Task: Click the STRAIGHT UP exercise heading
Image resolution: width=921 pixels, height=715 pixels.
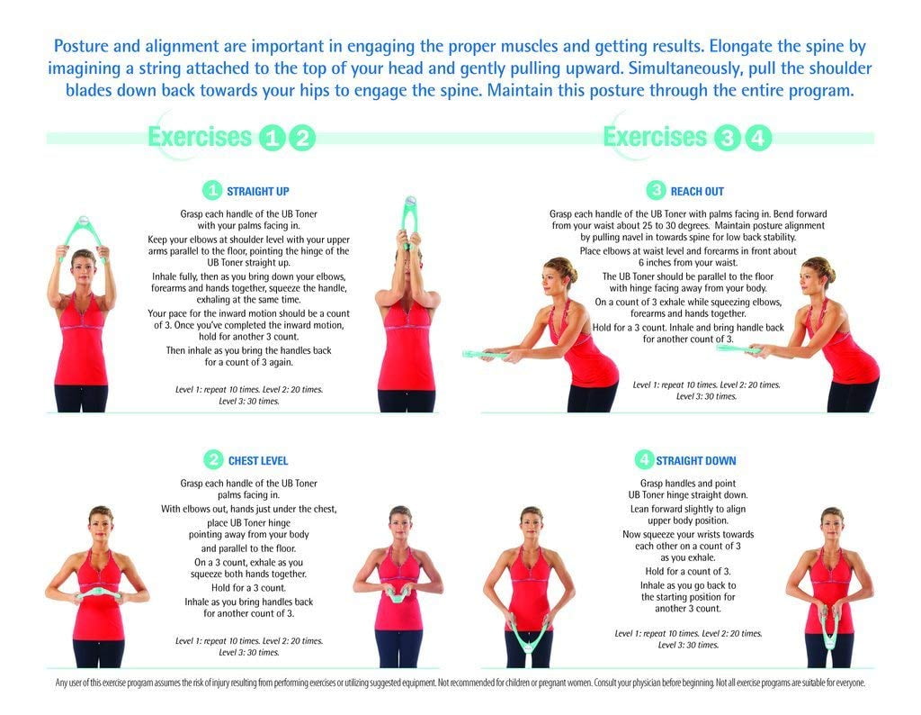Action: (257, 191)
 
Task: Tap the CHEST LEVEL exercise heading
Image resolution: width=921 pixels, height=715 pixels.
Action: (257, 461)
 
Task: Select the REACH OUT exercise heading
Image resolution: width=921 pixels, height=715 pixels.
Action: (696, 191)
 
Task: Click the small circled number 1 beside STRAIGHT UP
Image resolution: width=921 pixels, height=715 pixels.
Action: (212, 191)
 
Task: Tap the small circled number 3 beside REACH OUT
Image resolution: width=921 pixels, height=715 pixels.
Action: (657, 191)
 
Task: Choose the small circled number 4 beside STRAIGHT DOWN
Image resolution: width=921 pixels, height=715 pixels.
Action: (643, 460)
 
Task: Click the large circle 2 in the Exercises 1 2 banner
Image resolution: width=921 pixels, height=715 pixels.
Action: (304, 139)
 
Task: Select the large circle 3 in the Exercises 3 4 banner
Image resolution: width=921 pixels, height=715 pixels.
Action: (727, 139)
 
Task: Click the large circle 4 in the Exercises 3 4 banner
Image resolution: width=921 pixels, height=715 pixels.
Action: (759, 139)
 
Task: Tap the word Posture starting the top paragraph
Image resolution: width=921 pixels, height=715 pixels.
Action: (85, 45)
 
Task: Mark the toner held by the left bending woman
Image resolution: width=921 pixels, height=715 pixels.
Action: (491, 354)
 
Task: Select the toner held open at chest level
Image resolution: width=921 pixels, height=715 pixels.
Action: (91, 595)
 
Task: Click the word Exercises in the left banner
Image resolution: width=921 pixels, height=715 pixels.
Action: (199, 138)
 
